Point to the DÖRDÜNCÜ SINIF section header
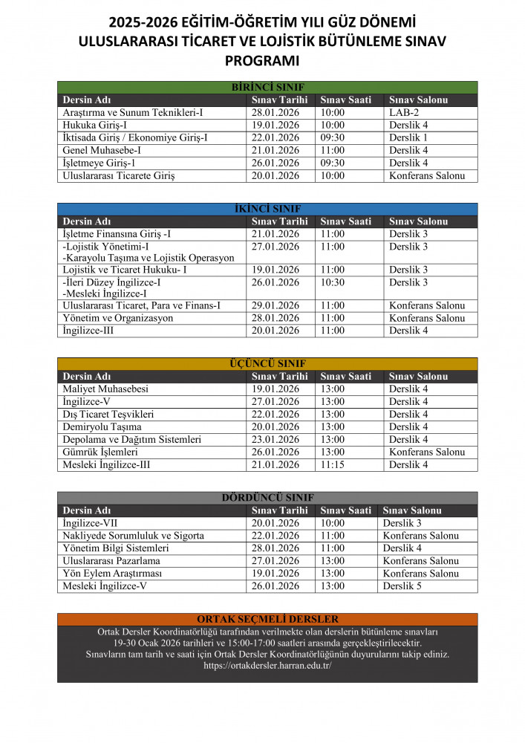(x=267, y=498)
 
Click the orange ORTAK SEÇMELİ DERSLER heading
(x=267, y=619)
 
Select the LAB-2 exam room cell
(x=404, y=112)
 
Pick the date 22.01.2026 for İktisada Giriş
(x=275, y=137)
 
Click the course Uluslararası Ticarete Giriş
(x=118, y=176)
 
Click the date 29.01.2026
(x=275, y=305)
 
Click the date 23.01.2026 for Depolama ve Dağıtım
(x=275, y=440)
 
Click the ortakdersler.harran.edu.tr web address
(x=267, y=666)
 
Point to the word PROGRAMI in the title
(x=262, y=60)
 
